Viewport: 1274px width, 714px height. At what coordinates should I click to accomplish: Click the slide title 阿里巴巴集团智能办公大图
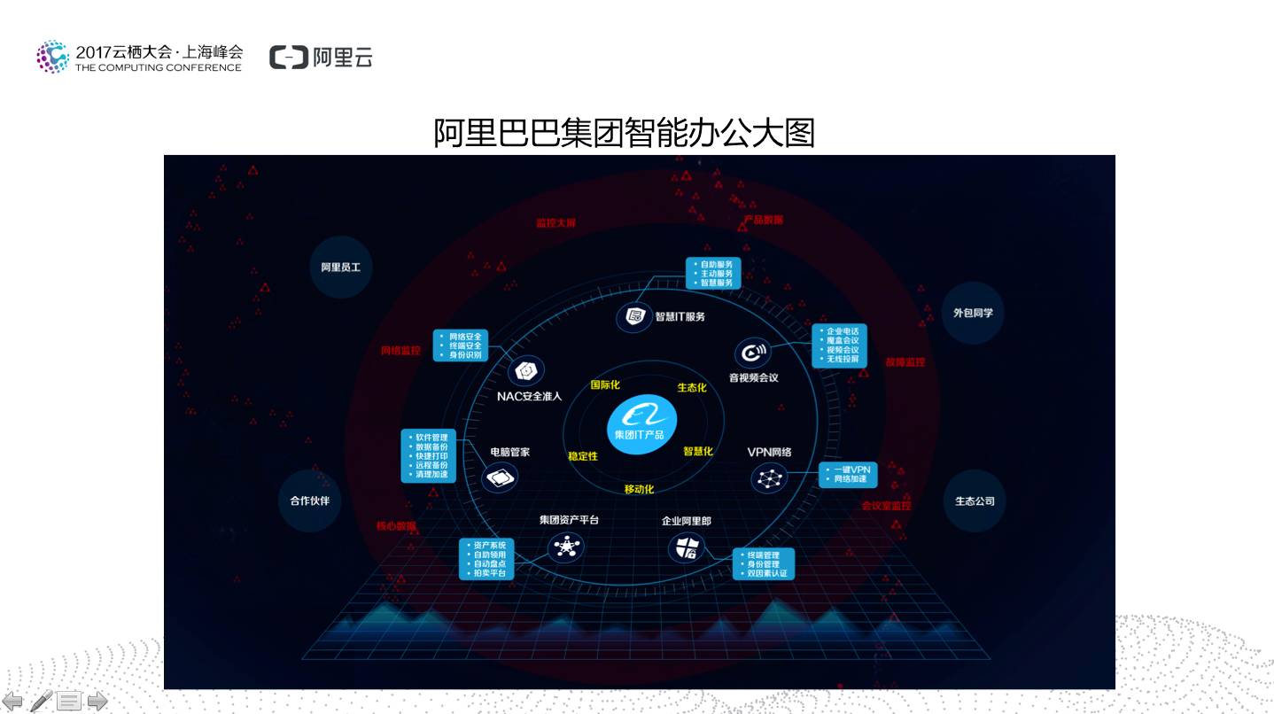[x=624, y=133]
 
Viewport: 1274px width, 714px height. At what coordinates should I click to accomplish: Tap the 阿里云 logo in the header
[x=321, y=57]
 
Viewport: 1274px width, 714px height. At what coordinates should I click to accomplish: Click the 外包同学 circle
[x=973, y=313]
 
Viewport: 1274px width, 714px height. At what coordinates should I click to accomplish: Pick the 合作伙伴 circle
[x=309, y=501]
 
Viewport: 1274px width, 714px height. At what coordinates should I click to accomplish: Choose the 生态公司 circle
[x=975, y=501]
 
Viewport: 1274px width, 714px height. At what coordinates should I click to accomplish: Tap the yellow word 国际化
[x=605, y=384]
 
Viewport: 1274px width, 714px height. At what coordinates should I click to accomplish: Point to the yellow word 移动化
[x=639, y=489]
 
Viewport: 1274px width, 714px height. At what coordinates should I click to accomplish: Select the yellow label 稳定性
[x=583, y=455]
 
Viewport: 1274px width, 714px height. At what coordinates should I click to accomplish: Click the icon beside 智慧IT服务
[x=633, y=316]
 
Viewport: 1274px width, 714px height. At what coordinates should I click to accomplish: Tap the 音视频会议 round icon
[x=752, y=353]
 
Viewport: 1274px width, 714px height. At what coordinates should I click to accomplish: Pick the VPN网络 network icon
[x=768, y=478]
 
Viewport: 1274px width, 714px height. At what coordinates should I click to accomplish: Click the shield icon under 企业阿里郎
[x=685, y=548]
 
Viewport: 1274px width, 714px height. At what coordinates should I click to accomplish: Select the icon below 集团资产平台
[x=566, y=547]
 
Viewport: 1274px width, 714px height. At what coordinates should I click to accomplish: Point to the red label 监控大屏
[x=555, y=223]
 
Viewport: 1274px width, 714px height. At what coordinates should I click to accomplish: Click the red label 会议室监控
[x=886, y=506]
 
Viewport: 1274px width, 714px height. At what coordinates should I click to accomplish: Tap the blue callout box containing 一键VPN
[x=848, y=474]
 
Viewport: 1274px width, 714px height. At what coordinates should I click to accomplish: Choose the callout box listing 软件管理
[x=428, y=456]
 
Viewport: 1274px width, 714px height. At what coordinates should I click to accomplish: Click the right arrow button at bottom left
[x=97, y=702]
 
